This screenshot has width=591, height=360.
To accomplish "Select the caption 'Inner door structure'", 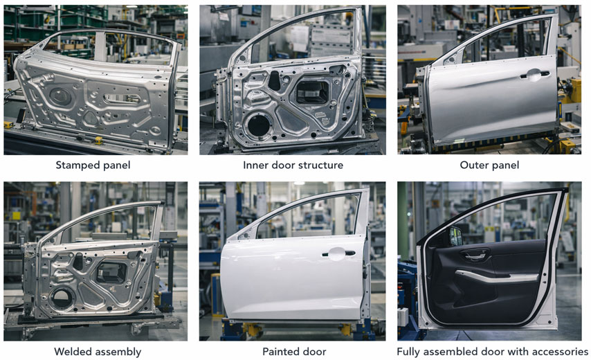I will click(x=293, y=165).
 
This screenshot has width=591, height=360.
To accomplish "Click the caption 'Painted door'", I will click(x=293, y=352).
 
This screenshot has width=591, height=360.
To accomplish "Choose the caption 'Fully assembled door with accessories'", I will click(x=492, y=352).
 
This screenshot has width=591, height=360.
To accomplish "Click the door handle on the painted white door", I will click(x=337, y=253).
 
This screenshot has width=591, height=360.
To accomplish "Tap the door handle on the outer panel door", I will click(x=536, y=73).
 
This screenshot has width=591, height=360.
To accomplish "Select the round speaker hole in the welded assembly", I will click(x=61, y=298).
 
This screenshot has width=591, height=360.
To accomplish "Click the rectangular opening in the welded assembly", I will click(x=112, y=272).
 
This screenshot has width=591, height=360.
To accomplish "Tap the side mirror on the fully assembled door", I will click(x=456, y=236).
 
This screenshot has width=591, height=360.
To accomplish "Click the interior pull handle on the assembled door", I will click(x=473, y=257).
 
